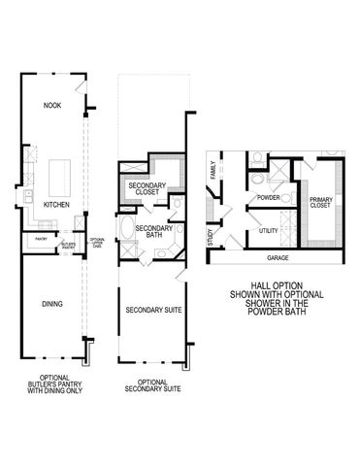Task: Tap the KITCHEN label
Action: tap(55, 205)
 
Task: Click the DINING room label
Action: tap(53, 305)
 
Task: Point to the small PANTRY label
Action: tap(41, 238)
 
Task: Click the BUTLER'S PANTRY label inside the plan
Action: tap(68, 246)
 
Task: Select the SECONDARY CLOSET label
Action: tap(147, 188)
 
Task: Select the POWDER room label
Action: tap(269, 199)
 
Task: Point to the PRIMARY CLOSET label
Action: tap(320, 202)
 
